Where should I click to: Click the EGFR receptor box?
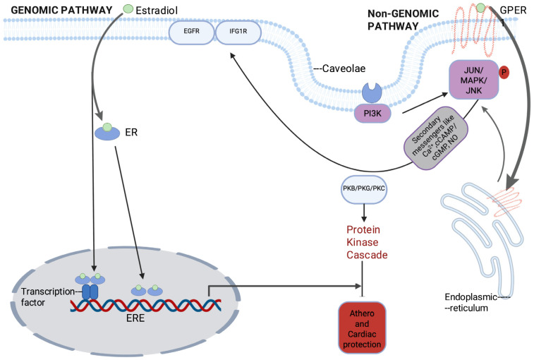pyautogui.click(x=192, y=32)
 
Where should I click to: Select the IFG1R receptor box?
pyautogui.click(x=238, y=32)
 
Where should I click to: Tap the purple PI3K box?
pyautogui.click(x=372, y=114)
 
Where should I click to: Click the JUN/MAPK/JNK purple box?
pyautogui.click(x=474, y=80)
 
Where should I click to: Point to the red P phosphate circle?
pyautogui.click(x=504, y=72)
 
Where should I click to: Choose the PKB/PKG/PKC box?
pyautogui.click(x=364, y=189)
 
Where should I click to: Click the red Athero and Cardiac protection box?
pyautogui.click(x=362, y=328)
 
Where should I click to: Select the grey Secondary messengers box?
pyautogui.click(x=435, y=138)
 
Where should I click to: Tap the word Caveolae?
pyautogui.click(x=344, y=68)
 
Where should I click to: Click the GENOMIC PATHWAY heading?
pyautogui.click(x=61, y=10)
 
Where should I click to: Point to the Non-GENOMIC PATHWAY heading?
pyautogui.click(x=403, y=20)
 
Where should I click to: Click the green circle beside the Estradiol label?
pyautogui.click(x=128, y=9)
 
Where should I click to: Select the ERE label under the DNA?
pyautogui.click(x=135, y=318)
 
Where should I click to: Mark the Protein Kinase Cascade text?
pyautogui.click(x=367, y=242)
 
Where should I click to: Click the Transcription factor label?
pyautogui.click(x=48, y=296)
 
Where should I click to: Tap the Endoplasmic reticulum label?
pyautogui.click(x=471, y=302)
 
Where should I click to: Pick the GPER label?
pyautogui.click(x=514, y=10)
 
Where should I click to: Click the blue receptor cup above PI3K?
pyautogui.click(x=372, y=92)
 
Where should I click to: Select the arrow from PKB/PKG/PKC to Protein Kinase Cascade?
pyautogui.click(x=364, y=212)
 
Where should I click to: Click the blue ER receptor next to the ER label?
pyautogui.click(x=107, y=132)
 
